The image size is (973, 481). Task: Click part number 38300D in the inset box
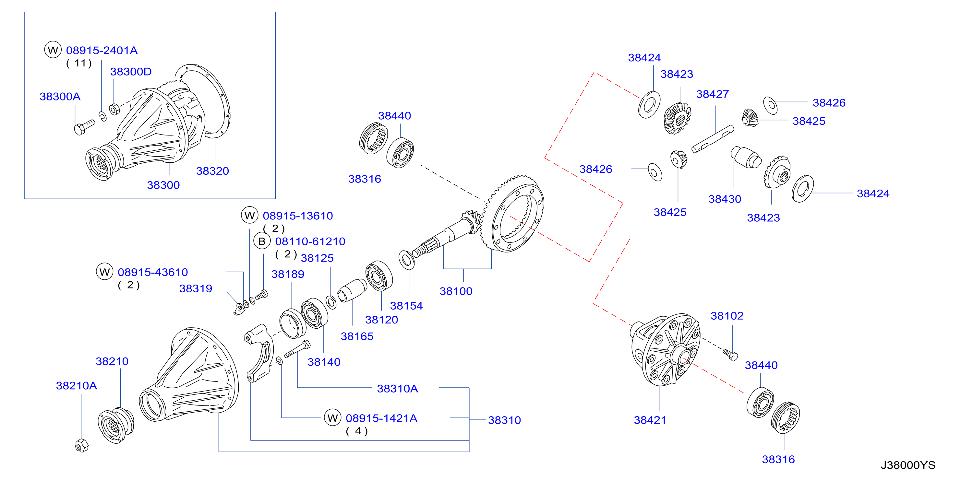(131, 72)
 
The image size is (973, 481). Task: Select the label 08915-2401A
(102, 51)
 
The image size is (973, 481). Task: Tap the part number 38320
(212, 171)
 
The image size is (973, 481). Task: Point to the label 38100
(456, 291)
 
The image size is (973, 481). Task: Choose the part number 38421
(650, 420)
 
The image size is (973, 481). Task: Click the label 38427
(712, 94)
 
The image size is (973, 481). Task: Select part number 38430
(725, 199)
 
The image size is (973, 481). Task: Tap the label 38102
(727, 316)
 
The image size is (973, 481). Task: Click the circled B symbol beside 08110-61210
(262, 241)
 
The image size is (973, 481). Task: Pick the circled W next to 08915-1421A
(332, 417)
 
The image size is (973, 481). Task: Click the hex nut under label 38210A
(82, 446)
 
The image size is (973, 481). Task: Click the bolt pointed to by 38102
(730, 355)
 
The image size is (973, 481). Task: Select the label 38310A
(397, 389)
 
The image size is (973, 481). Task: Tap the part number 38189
(287, 274)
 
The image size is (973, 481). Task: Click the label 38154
(406, 306)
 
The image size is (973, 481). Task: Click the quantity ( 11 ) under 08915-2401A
(79, 63)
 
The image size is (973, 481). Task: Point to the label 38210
(112, 361)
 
